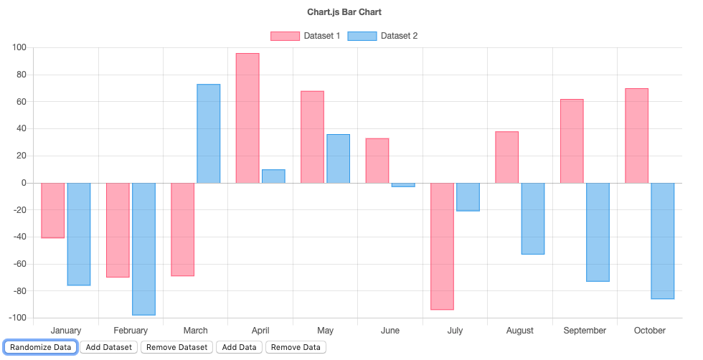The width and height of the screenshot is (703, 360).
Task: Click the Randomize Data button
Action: (x=40, y=347)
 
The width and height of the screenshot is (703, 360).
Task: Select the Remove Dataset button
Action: (x=176, y=347)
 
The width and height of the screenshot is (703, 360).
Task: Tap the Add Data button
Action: (x=239, y=347)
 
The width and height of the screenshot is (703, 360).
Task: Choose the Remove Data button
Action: (x=296, y=347)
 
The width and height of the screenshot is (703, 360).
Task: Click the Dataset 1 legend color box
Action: (x=284, y=36)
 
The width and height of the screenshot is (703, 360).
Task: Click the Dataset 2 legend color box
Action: (x=362, y=36)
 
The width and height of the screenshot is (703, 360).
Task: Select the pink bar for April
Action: (x=247, y=118)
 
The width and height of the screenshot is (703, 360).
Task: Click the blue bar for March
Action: (x=209, y=133)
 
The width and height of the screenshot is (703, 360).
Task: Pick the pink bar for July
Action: (x=442, y=246)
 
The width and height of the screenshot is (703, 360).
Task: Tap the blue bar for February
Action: (x=143, y=249)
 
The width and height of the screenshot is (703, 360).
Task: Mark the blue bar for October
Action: (x=663, y=241)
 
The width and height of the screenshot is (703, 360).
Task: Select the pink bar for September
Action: (x=572, y=141)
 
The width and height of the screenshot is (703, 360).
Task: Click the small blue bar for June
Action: (x=403, y=185)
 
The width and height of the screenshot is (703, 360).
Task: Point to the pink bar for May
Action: (x=312, y=137)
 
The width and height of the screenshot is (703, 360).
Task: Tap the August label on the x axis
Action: (x=519, y=331)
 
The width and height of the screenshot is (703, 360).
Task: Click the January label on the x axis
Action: (x=66, y=331)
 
